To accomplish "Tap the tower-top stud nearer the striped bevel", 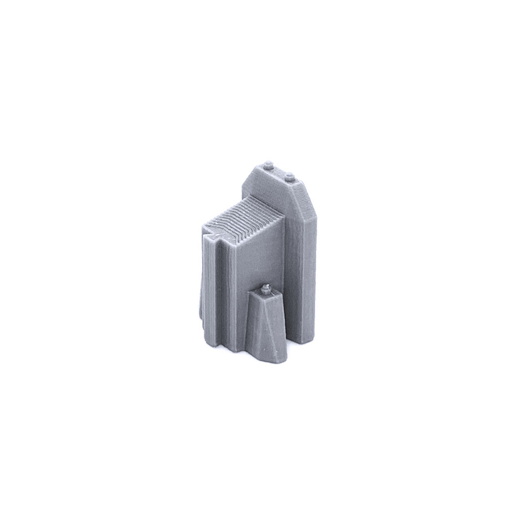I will (289, 176).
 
